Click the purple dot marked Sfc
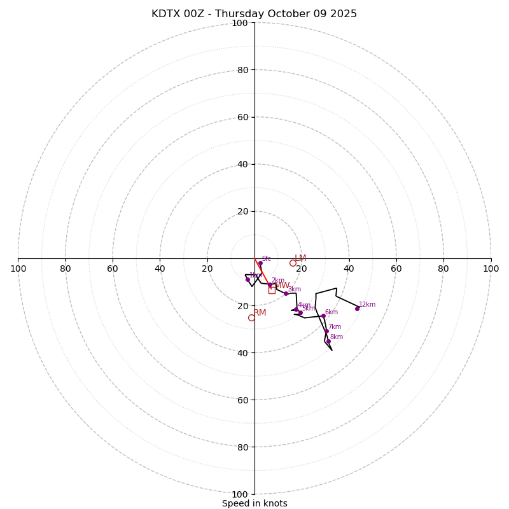[260, 263]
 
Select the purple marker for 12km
[357, 309]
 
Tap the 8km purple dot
[328, 342]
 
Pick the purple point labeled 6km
[323, 316]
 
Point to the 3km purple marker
[286, 293]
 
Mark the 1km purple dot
[248, 279]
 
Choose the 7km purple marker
[326, 331]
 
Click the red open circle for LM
[293, 263]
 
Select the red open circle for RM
[251, 317]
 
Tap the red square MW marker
[272, 289]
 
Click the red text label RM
[260, 312]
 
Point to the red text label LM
[300, 258]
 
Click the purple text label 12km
[367, 305]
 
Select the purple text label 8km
[336, 337]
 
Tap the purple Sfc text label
[266, 259]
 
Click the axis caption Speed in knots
[254, 503]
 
